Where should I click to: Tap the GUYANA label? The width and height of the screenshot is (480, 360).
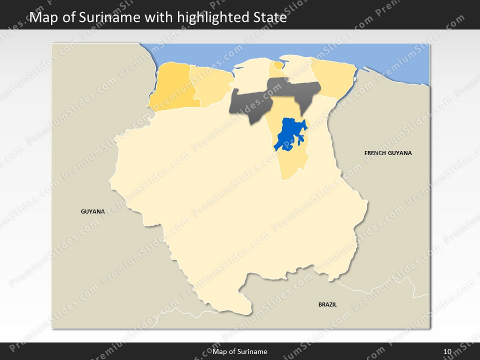[93, 211]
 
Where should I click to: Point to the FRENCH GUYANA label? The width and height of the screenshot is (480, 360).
[388, 153]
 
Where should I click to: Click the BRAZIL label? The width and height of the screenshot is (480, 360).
[327, 304]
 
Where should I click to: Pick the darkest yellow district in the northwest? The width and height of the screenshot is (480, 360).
[172, 87]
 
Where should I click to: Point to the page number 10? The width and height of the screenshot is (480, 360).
[447, 352]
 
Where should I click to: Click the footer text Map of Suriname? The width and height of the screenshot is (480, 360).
[240, 352]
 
